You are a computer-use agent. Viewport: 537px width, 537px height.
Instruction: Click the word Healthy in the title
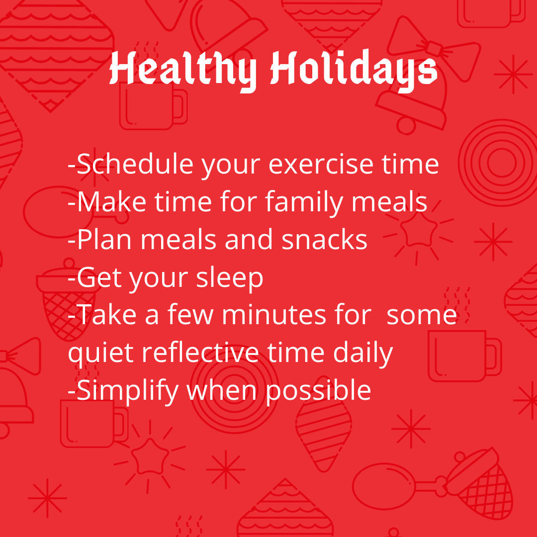pos(183,70)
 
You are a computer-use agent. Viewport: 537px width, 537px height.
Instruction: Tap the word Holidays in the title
pos(354,70)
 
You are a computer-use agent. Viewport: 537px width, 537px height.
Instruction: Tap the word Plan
pos(104,239)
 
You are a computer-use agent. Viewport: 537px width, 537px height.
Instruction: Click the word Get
pos(99,277)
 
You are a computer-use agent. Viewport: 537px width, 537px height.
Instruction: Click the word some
pos(422,315)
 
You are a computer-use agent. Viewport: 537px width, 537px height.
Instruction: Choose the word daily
pos(362,353)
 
